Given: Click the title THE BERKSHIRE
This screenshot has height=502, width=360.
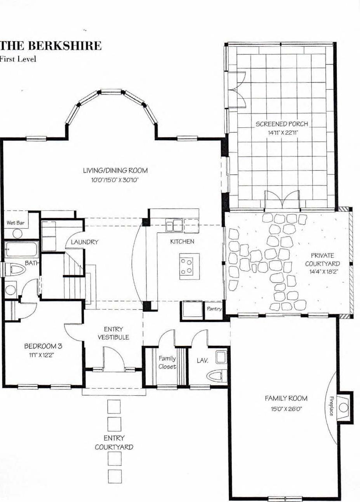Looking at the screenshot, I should click(x=51, y=46).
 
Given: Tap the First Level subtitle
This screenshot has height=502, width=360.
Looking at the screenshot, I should click(x=18, y=59).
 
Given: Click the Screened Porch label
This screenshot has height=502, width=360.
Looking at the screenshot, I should click(x=282, y=124).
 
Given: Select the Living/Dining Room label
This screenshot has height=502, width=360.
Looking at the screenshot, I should click(x=115, y=170).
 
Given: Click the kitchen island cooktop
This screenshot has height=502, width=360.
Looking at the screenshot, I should click(x=189, y=266).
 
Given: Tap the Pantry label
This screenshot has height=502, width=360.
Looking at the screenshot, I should click(x=214, y=309).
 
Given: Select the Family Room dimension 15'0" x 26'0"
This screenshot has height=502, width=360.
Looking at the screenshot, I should click(x=286, y=409).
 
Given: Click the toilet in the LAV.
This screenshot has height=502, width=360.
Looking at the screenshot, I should click(x=217, y=376).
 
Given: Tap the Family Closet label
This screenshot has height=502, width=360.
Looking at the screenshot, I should click(x=167, y=363).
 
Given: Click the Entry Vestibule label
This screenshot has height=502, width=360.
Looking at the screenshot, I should click(x=113, y=333).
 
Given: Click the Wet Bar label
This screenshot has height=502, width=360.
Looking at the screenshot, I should click(x=16, y=223).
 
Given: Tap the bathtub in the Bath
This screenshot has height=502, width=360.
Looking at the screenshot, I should click(x=21, y=250).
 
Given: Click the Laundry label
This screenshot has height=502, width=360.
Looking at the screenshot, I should click(x=84, y=242).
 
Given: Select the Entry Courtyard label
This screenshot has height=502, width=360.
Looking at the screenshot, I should click(x=114, y=442).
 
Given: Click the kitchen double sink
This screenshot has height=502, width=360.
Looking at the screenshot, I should click(x=174, y=226).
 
